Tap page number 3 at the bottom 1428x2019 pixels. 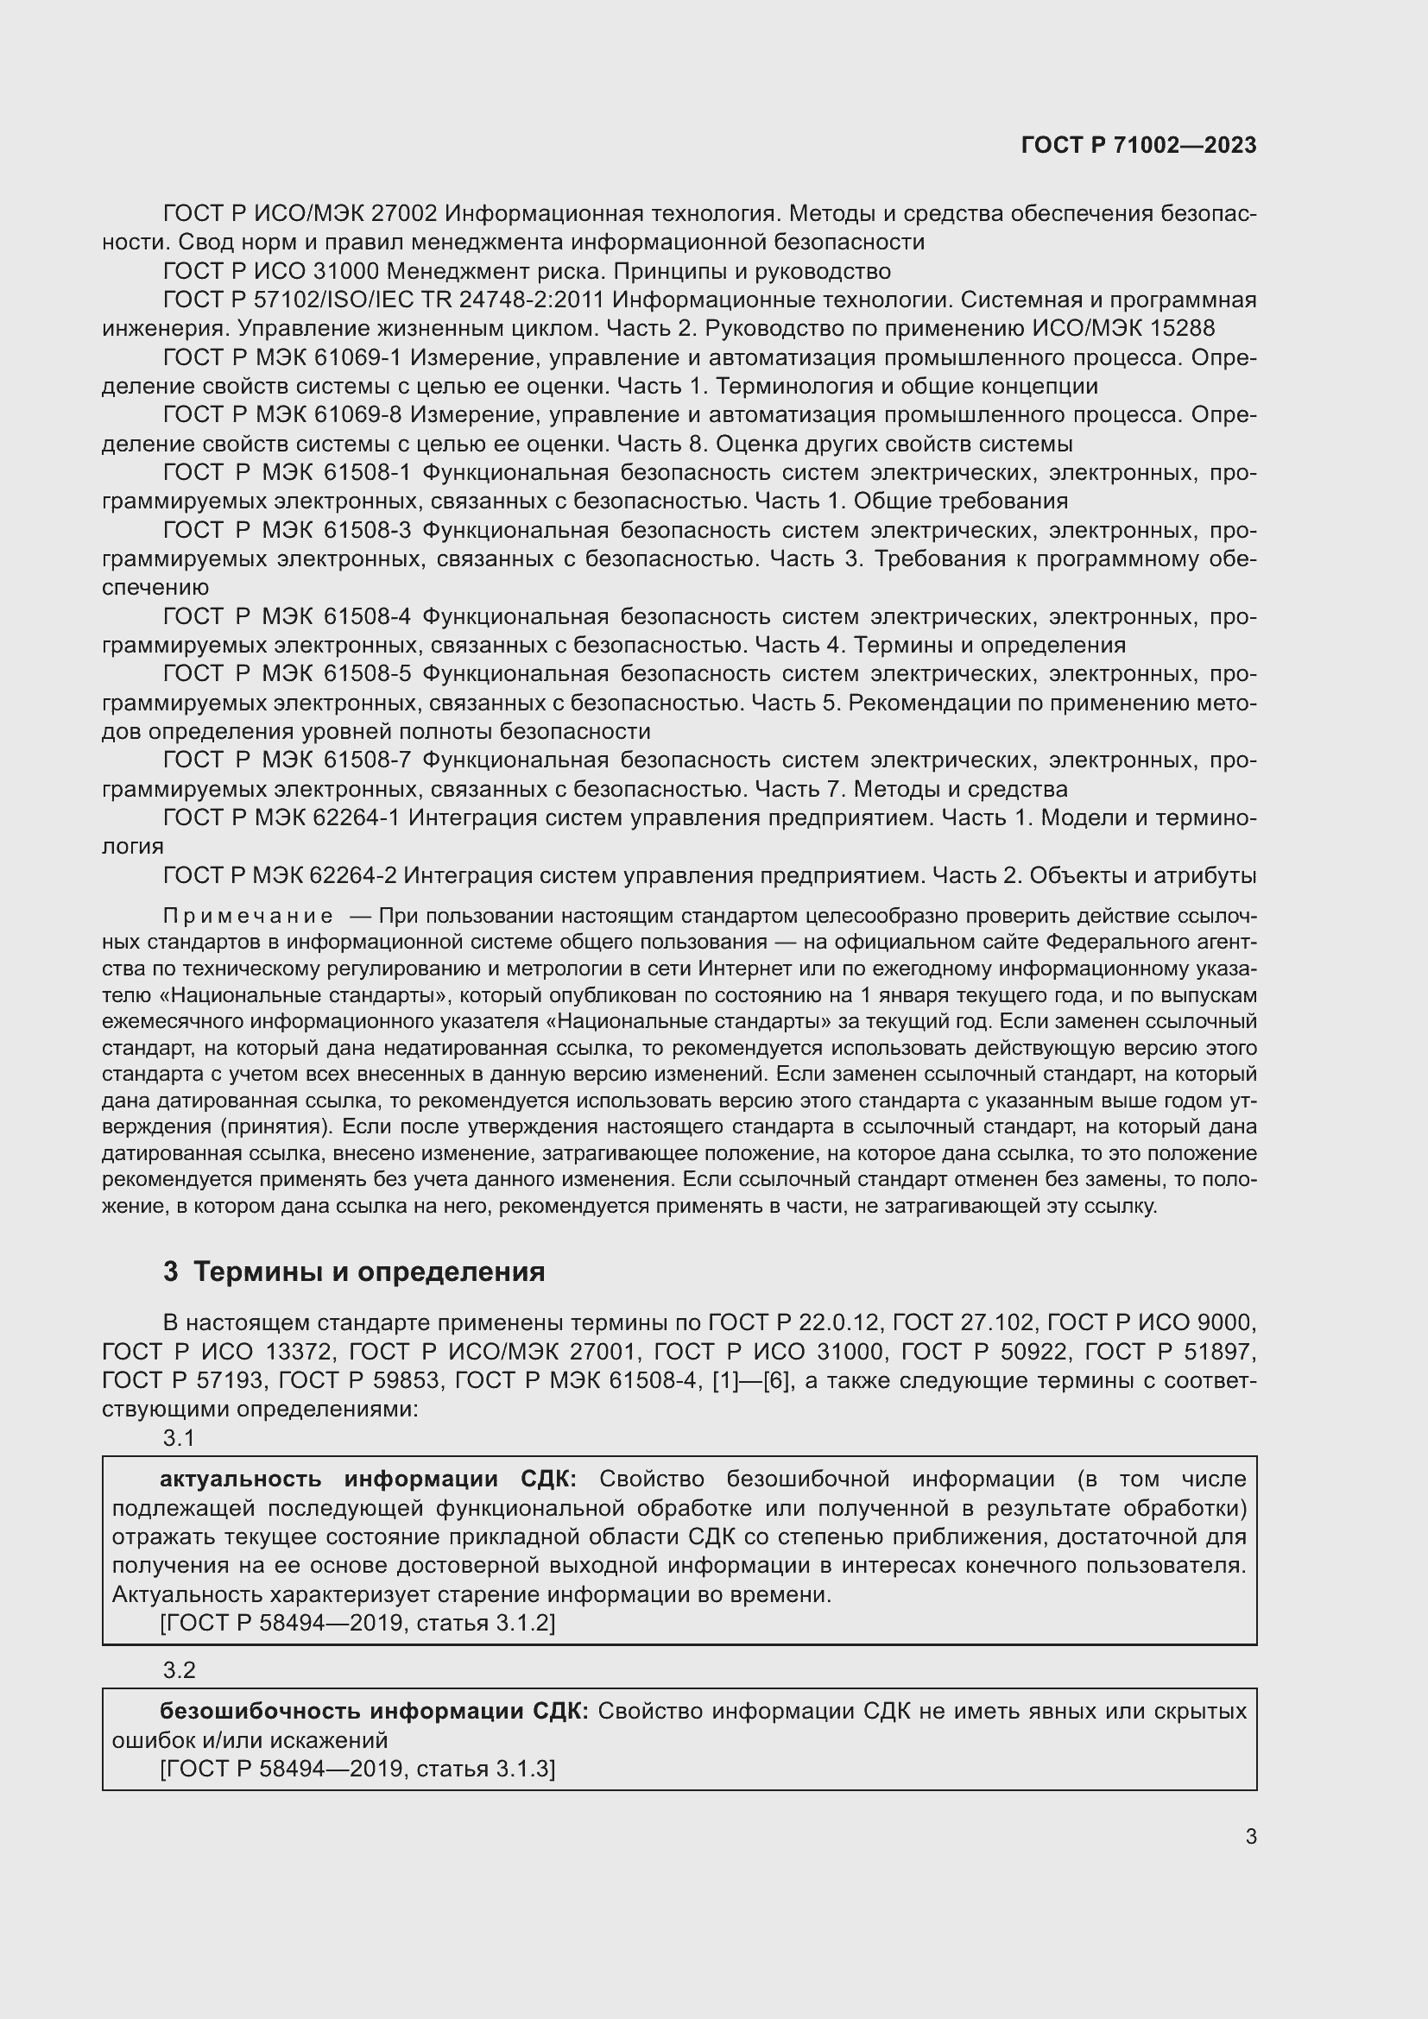tap(1250, 1837)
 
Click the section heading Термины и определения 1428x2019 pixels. tap(369, 1271)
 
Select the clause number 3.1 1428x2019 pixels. tap(179, 1438)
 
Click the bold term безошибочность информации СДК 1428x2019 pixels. tap(374, 1711)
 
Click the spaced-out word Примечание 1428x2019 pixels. tap(248, 917)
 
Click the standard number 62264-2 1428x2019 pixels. tap(354, 876)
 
